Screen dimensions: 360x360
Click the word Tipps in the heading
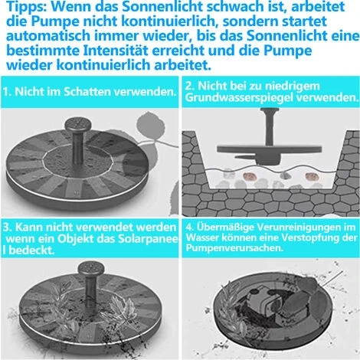(x=25, y=7)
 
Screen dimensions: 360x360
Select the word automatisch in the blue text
(x=48, y=35)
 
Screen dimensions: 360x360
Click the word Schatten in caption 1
(x=87, y=92)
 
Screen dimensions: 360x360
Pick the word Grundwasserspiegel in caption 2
(x=240, y=97)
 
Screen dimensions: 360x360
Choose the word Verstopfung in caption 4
(x=303, y=237)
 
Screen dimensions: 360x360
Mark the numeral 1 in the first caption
(x=5, y=92)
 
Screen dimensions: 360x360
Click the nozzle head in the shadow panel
(x=78, y=125)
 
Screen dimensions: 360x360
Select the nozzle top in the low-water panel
(x=270, y=111)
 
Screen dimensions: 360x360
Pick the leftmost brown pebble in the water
(x=247, y=176)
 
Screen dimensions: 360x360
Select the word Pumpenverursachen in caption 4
(x=234, y=248)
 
